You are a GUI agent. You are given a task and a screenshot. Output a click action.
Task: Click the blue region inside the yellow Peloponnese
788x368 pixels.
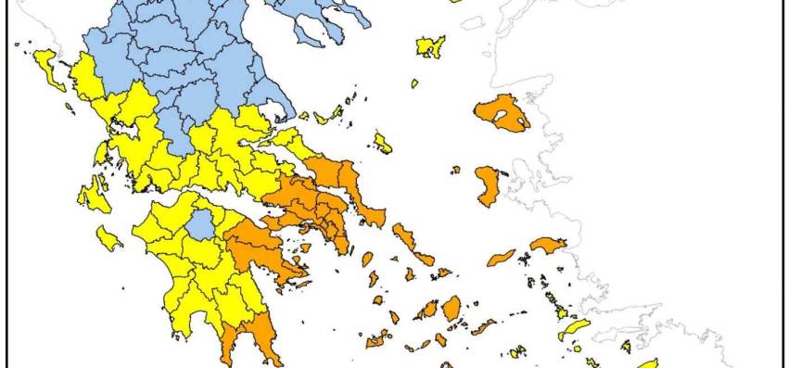(198, 223)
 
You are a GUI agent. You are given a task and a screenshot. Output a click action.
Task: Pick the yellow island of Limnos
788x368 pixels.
(430, 46)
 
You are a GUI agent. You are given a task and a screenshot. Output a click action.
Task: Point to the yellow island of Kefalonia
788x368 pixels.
(93, 196)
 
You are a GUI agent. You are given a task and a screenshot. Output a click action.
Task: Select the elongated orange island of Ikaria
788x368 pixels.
(501, 257)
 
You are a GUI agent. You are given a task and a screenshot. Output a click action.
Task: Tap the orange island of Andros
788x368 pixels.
(405, 238)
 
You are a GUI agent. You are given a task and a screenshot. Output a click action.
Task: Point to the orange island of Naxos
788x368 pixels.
(451, 308)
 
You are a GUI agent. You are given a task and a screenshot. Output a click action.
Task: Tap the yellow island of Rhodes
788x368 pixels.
(644, 364)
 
